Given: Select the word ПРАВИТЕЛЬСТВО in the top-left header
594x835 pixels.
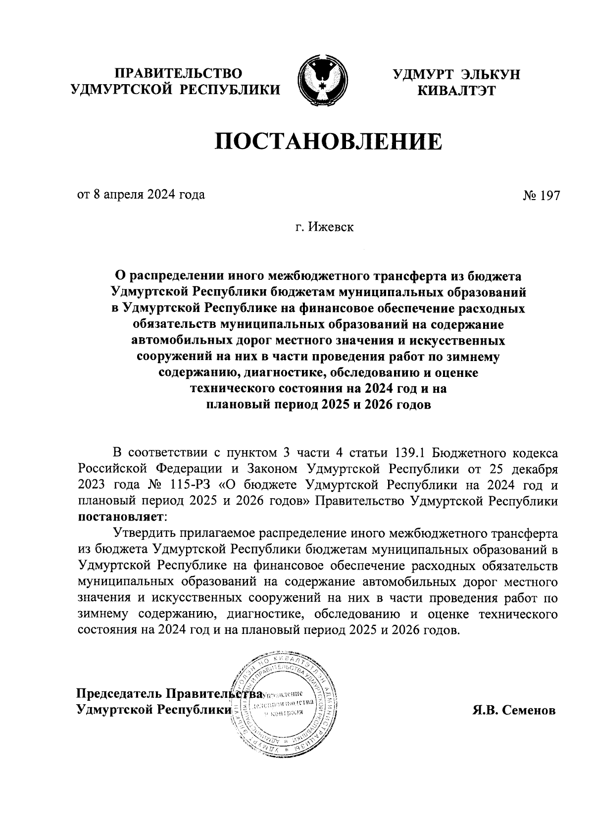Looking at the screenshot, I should point(179,74).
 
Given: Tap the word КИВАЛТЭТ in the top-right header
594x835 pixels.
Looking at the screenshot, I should point(456,90).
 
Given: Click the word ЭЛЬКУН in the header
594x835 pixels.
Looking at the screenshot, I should point(490,74).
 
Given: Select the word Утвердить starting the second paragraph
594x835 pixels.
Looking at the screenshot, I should point(143,533).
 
